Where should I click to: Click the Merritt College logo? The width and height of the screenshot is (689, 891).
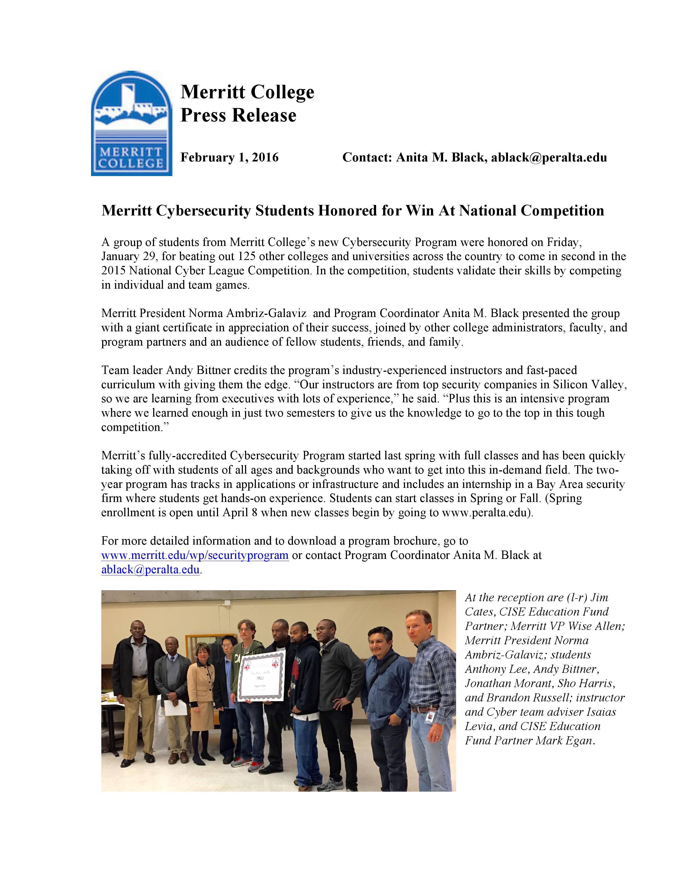tap(131, 124)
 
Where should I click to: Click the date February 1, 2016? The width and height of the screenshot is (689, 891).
tap(229, 157)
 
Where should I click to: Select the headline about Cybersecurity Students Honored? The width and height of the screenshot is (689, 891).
tap(352, 211)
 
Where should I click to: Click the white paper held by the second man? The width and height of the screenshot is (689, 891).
tap(178, 708)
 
